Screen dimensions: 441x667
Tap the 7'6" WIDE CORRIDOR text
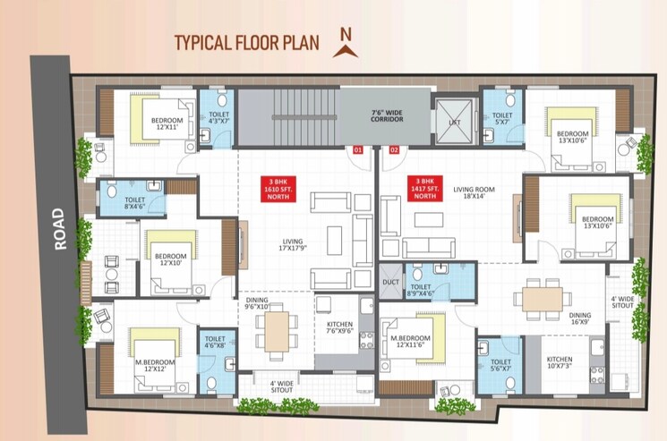click(x=388, y=118)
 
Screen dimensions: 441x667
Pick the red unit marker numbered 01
click(x=357, y=149)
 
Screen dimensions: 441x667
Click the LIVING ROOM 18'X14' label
click(x=474, y=194)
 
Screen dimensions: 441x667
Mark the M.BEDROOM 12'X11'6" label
click(x=411, y=342)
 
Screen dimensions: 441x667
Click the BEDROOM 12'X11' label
click(x=167, y=124)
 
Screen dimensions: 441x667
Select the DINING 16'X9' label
click(x=579, y=319)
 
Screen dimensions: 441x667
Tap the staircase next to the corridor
click(x=286, y=117)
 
